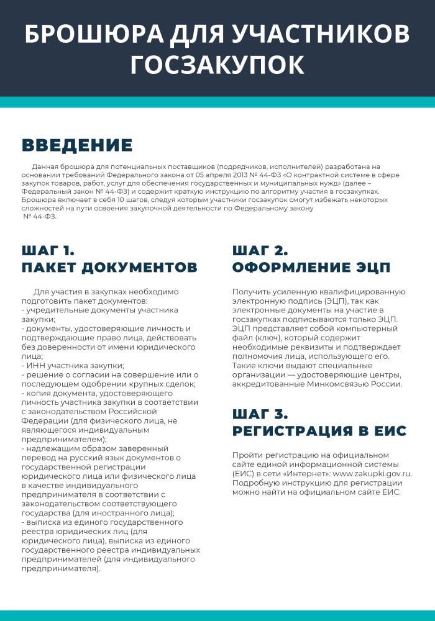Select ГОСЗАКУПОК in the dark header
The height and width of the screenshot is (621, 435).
click(217, 65)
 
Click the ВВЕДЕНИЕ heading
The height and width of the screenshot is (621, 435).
click(77, 145)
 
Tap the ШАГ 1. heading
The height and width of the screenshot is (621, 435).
click(48, 251)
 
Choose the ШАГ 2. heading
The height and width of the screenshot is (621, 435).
click(260, 251)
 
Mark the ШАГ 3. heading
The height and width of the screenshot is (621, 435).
click(260, 414)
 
